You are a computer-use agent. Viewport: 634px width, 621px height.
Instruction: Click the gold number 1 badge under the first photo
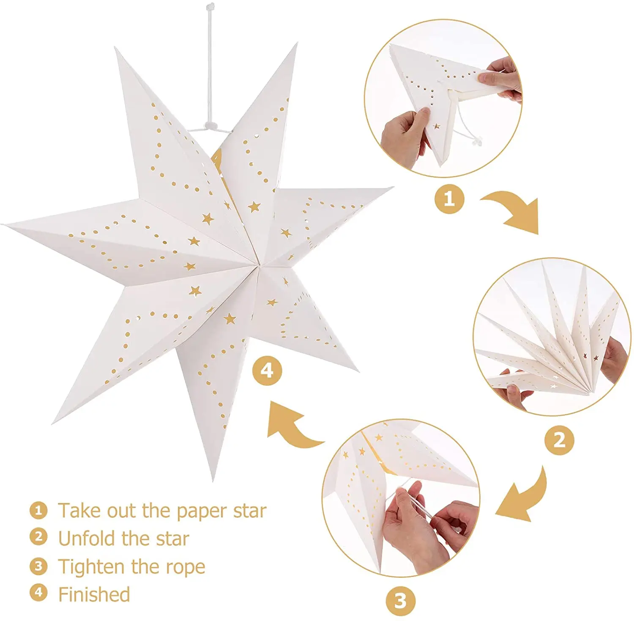coord(449,198)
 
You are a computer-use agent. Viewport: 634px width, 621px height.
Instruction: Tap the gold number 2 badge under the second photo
coord(559,440)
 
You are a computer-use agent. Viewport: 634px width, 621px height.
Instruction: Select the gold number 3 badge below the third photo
coord(400,601)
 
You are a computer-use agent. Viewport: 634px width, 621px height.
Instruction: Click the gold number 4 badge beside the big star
coord(267,371)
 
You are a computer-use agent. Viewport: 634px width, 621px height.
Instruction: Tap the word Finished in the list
coord(94,594)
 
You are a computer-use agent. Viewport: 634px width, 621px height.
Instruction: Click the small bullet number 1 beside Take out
coord(38,510)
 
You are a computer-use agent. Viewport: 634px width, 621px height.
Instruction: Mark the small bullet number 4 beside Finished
coord(38,592)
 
